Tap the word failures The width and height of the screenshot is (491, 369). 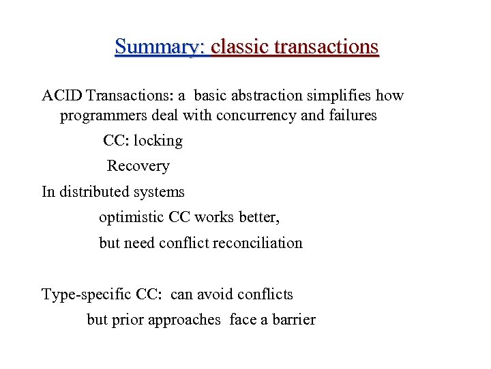(352, 115)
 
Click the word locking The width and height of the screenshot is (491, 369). (158, 141)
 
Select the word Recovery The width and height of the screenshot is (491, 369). (138, 166)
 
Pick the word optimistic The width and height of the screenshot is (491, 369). (132, 217)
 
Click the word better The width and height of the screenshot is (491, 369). (259, 217)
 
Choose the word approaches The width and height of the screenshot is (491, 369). (181, 320)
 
